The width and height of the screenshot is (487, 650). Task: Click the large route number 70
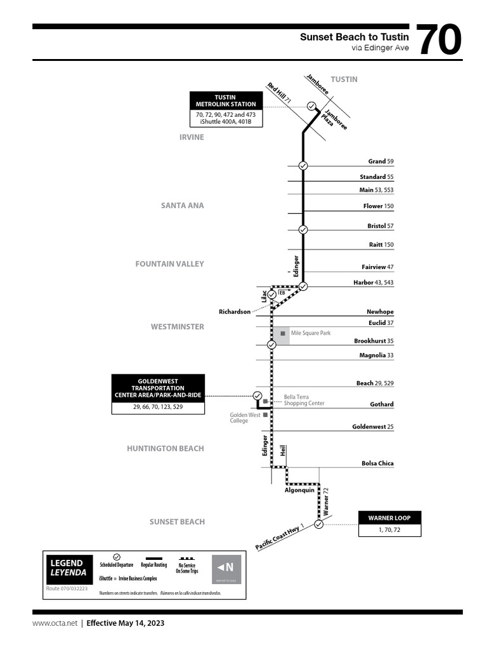[x=439, y=41]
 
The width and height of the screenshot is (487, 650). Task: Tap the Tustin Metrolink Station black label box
[x=226, y=100]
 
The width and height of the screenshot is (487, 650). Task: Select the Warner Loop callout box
[x=389, y=518]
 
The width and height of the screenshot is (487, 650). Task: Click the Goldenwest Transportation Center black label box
[x=158, y=388]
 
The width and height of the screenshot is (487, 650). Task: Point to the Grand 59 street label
[x=380, y=161]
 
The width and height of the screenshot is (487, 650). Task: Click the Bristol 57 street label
[x=380, y=226]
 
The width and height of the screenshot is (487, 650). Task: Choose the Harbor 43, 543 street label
[x=373, y=282]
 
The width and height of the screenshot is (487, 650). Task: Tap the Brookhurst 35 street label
[x=373, y=341]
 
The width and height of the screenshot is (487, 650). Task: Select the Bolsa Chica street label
[x=377, y=463]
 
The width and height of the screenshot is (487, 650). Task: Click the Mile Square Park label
[x=311, y=333]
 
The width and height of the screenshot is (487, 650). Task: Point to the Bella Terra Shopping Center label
[x=304, y=401]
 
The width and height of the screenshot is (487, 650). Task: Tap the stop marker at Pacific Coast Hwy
[x=318, y=524]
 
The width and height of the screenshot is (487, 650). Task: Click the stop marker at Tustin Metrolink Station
[x=311, y=106]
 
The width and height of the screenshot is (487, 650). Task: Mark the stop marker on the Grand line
[x=303, y=166]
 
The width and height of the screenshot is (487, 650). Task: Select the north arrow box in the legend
[x=226, y=568]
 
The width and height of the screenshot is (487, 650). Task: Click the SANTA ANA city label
[x=183, y=206]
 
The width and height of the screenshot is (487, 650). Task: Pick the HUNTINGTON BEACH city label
[x=165, y=448]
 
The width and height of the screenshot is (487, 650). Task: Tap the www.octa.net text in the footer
[x=55, y=623]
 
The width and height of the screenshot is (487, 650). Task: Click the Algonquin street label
[x=300, y=491]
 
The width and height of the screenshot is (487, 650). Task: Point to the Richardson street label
[x=235, y=312]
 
